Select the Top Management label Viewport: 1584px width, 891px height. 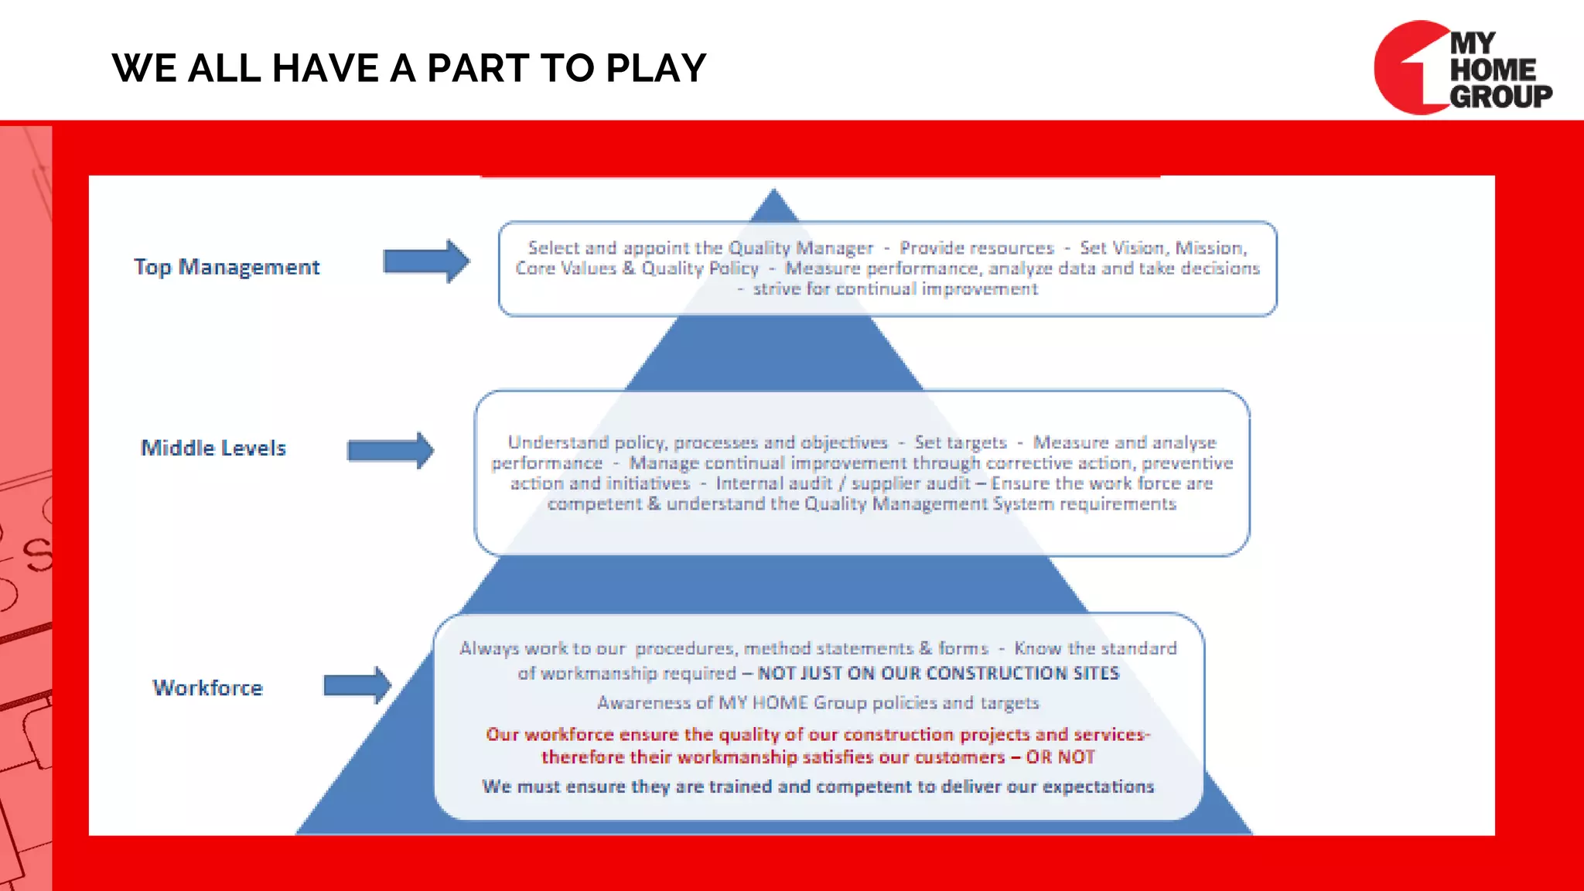coord(227,267)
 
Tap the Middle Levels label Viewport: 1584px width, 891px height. coord(213,448)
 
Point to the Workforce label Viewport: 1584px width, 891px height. coord(208,688)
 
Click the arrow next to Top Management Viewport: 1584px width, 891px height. coord(426,261)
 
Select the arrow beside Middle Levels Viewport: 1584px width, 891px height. coord(391,450)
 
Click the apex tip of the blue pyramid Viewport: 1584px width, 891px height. coord(774,192)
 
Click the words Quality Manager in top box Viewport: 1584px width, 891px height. coord(801,248)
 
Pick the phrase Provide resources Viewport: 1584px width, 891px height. coord(976,248)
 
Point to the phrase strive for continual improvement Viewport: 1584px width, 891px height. coord(895,289)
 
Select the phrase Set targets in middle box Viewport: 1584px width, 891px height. coord(961,442)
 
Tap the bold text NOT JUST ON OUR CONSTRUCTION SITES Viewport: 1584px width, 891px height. coord(938,673)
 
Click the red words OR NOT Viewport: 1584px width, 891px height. coord(1060,757)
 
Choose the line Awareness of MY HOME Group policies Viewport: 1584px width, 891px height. coord(818,703)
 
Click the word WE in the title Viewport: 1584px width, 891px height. coord(144,68)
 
